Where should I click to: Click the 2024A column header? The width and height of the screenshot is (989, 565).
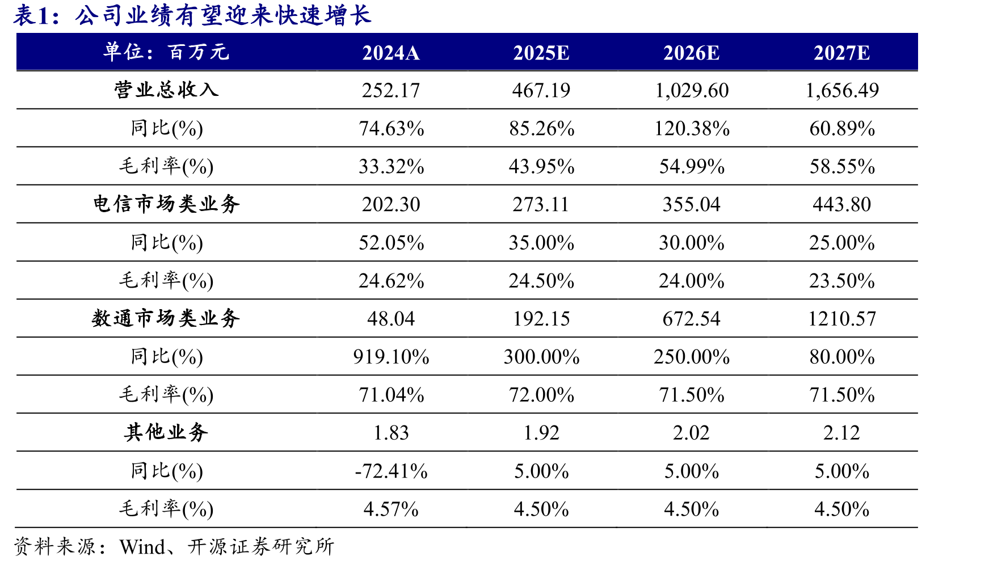pos(391,53)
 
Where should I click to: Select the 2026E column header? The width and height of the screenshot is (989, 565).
pos(691,53)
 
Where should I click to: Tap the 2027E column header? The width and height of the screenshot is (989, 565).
pos(841,53)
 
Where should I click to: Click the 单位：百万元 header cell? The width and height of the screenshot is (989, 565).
pos(166,52)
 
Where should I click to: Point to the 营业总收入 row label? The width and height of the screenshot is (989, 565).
pos(166,90)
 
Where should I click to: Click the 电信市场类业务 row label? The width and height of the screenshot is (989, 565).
pos(166,204)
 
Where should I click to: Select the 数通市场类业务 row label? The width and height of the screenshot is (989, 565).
pos(166,318)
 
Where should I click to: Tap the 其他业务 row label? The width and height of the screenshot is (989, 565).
pos(166,432)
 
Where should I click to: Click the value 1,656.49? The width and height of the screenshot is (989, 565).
pos(842,90)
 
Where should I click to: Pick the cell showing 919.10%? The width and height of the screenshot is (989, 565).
pos(391,357)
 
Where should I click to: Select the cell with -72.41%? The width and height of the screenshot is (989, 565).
pos(391,471)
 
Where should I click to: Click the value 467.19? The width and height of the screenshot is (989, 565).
pos(541,90)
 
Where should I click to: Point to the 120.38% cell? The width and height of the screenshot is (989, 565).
pos(692,128)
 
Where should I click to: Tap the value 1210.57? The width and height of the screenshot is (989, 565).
pos(842,319)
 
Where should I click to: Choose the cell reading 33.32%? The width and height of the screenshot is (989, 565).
pos(391,166)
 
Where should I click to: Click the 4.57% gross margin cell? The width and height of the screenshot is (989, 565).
pos(391,509)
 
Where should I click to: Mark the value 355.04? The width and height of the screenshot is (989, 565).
pos(692,204)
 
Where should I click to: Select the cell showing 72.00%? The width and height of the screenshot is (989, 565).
pos(541,395)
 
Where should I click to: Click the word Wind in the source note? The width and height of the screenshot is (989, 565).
pos(142,547)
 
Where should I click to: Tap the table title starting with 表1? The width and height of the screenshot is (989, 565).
pos(192,15)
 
